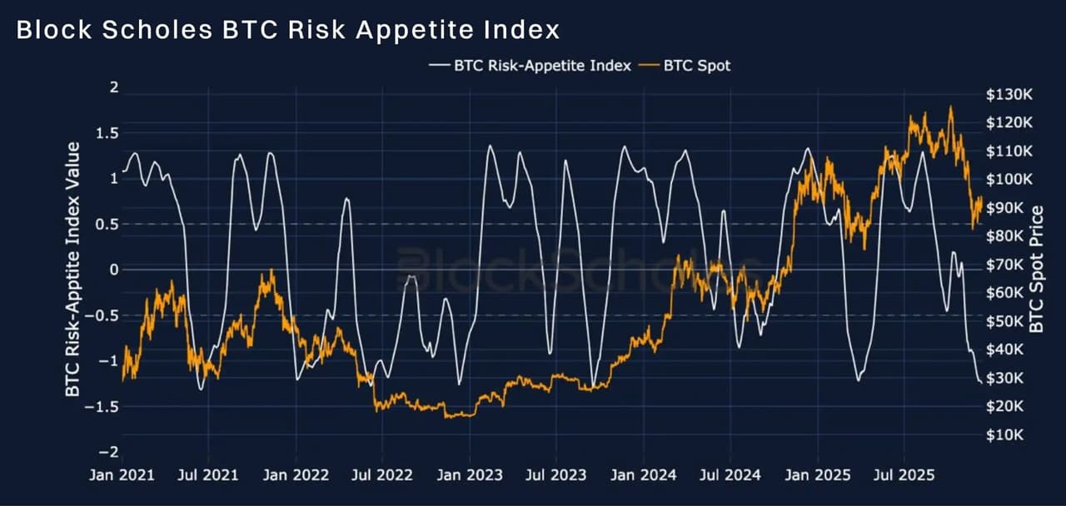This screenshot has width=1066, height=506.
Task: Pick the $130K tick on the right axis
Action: click(x=1009, y=95)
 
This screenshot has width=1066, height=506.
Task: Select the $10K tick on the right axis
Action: click(x=1006, y=435)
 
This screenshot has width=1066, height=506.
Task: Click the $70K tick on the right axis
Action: click(x=1006, y=265)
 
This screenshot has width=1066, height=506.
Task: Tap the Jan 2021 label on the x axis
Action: click(x=123, y=475)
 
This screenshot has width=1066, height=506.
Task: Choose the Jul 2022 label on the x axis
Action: click(x=382, y=475)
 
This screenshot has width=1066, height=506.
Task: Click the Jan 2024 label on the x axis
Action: click(x=642, y=475)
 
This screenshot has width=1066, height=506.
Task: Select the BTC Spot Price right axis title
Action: click(x=1037, y=268)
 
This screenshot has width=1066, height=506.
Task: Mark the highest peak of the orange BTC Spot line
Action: click(x=950, y=107)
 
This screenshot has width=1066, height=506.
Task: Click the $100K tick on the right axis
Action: click(x=1009, y=180)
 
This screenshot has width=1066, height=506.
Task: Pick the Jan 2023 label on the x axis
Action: click(x=470, y=475)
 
